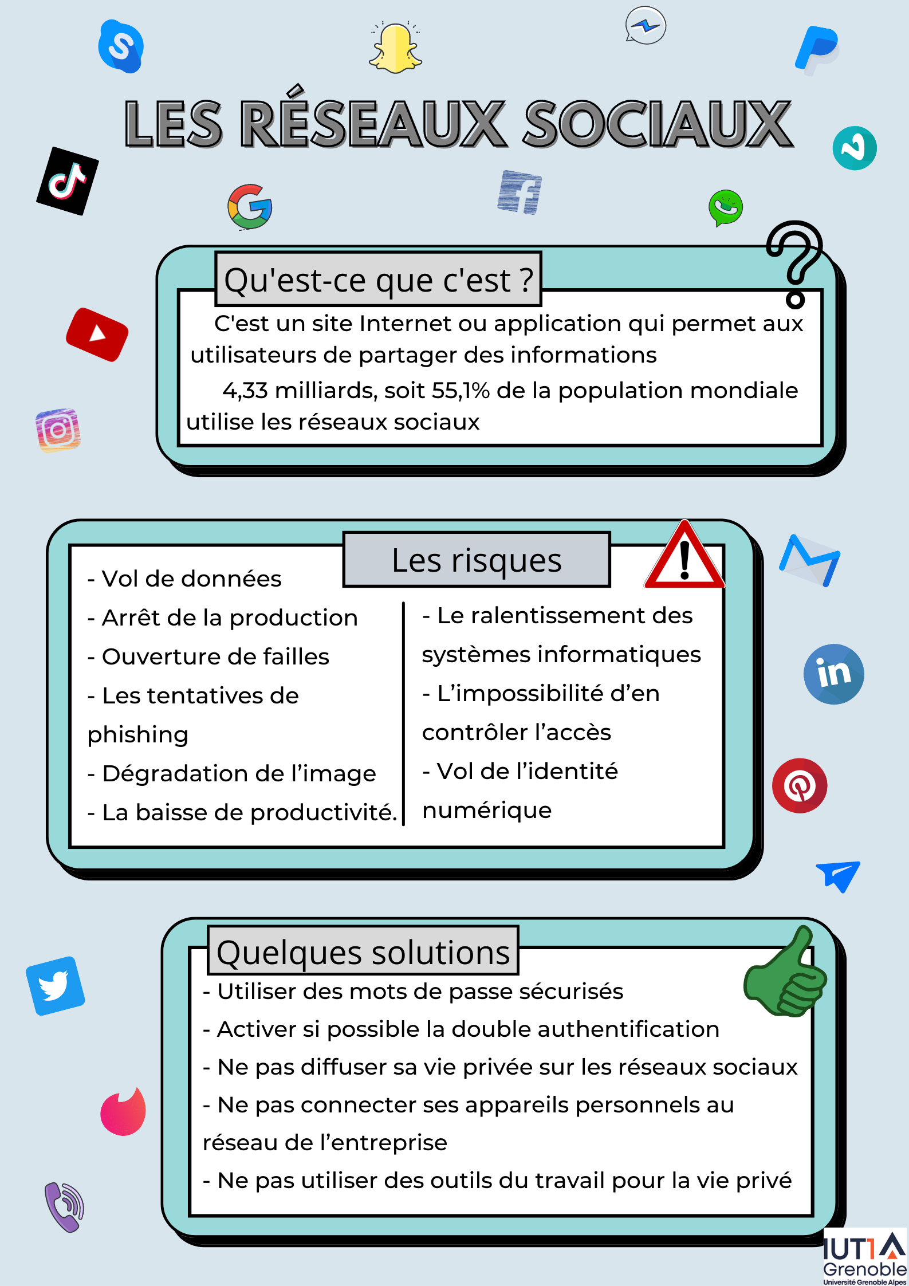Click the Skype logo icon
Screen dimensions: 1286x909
[120, 46]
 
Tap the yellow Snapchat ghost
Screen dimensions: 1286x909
[396, 48]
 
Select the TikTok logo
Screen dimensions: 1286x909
[68, 181]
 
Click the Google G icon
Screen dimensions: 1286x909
[250, 206]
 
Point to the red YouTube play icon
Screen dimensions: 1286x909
[97, 335]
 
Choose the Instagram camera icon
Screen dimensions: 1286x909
[58, 430]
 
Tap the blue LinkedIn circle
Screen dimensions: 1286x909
[833, 674]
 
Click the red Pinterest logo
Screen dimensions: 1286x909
[800, 785]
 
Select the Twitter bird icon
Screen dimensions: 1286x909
[55, 986]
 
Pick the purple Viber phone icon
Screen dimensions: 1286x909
[64, 1206]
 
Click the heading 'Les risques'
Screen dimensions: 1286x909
[477, 560]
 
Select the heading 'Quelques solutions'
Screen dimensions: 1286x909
[363, 952]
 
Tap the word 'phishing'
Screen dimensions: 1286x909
[138, 735]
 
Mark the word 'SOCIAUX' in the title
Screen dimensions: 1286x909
[658, 124]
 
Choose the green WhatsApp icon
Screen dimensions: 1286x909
[726, 207]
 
